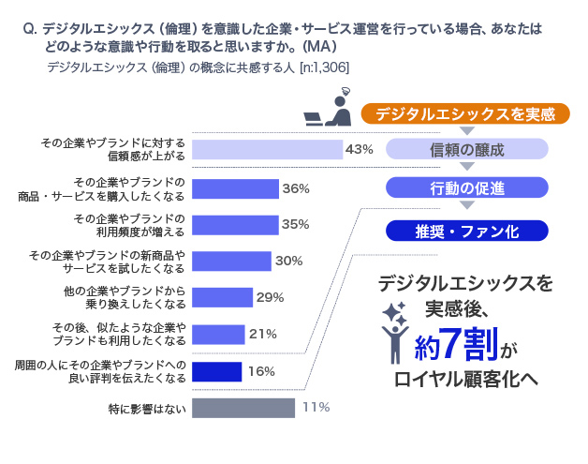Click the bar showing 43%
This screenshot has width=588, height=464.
pos(267,150)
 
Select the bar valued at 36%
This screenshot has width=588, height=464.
pos(235,188)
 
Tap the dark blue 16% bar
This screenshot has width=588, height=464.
pos(216,371)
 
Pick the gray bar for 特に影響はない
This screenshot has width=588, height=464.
pos(243,408)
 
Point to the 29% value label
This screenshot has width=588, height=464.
pos(270,298)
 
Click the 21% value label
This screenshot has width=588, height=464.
pos(262,335)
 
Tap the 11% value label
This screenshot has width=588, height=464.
pos(316,408)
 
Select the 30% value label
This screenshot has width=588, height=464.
pos(288,262)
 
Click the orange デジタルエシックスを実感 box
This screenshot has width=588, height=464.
pos(465,114)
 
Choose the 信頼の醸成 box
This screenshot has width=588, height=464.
pos(465,150)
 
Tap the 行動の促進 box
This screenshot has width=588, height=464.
pos(465,187)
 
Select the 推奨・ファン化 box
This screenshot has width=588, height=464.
pos(465,231)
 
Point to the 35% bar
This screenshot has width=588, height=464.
pos(235,225)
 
